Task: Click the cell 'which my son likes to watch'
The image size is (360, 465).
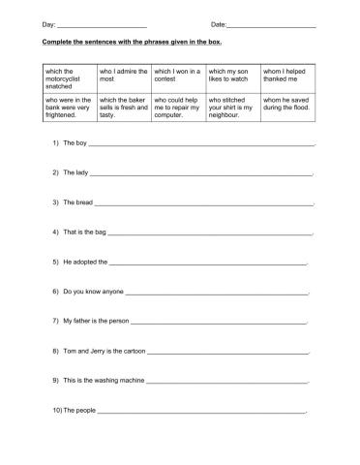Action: [233, 75]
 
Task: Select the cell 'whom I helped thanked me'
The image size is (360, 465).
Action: [288, 75]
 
